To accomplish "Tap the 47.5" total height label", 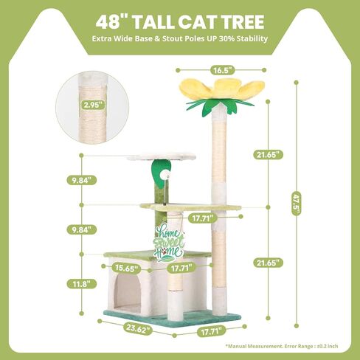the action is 297,204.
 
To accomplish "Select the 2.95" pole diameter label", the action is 93,105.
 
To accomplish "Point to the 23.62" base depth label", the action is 138,329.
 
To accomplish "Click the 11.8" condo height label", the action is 81,284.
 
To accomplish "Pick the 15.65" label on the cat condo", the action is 126,268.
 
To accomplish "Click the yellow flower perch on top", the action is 222,91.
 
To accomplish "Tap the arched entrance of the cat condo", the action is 128,292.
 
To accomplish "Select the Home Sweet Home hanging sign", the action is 169,243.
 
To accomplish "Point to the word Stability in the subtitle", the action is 252,39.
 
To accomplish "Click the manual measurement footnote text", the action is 282,346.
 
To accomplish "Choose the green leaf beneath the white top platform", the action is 160,173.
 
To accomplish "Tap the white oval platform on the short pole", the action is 162,156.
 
